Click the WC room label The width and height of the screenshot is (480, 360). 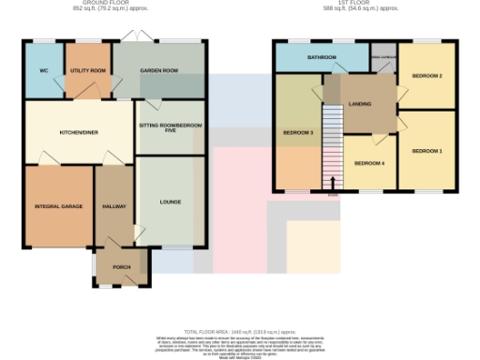tap(43, 71)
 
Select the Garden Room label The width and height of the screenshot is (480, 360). tap(159, 71)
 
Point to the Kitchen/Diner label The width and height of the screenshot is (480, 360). tap(79, 133)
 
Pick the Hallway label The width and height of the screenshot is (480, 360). tap(114, 206)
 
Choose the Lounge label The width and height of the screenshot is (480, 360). tap(170, 202)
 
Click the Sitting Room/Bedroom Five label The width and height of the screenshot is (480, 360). tap(170, 128)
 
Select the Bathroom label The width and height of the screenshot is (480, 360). tap(322, 58)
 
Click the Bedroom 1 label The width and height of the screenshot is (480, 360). tap(426, 151)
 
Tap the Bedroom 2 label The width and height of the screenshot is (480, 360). tap(426, 75)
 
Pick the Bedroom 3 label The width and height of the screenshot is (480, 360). tap(297, 133)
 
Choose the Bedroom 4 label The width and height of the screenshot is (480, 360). tap(368, 163)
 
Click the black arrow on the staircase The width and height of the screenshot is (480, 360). tap(333, 181)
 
